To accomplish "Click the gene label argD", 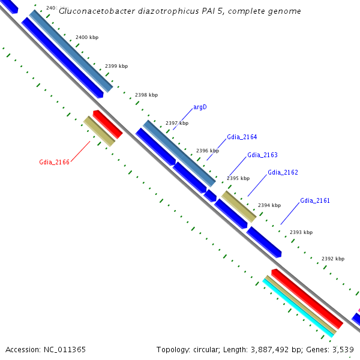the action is pos(200,107).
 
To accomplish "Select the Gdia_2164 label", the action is pos(242,137).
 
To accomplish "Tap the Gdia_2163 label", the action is pos(262,155).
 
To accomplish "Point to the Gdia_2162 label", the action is pos(283,172).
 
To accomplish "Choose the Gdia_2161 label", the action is pos(315,200).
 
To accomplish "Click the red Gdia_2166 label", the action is pos(55,161).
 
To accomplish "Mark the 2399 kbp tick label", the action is pos(116,66).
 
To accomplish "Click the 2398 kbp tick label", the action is pos(146,95).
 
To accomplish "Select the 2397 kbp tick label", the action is pos(177,123).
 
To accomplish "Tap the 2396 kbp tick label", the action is pos(208,151).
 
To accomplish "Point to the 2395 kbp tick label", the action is pos(238,178).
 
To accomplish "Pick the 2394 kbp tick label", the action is pos(269,205).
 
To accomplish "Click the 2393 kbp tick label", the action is pos(301,232).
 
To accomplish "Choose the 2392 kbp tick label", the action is pos(333,259).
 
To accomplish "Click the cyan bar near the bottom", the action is pos(298,307).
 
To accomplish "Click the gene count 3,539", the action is pos(344,349).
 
